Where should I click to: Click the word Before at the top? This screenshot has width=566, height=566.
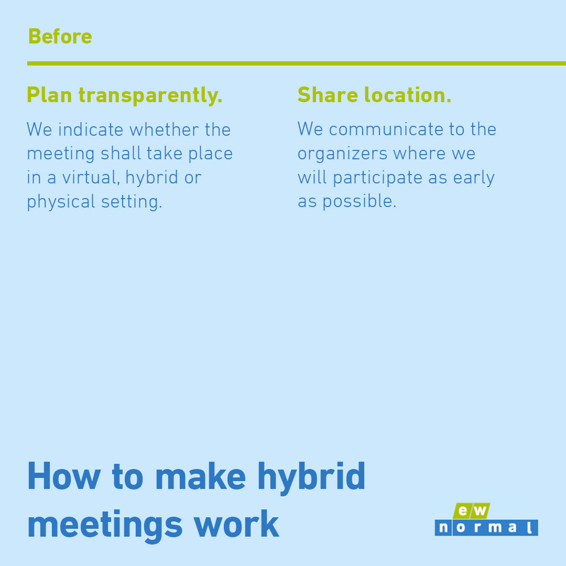click(x=60, y=37)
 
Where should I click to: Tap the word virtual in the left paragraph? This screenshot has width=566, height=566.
click(x=91, y=178)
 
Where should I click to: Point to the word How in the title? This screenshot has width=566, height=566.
click(x=63, y=476)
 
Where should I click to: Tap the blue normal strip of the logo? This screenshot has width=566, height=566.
click(x=486, y=528)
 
